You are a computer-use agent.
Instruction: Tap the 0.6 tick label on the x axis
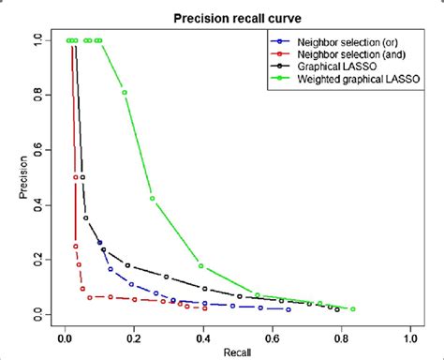pyautogui.click(x=272, y=336)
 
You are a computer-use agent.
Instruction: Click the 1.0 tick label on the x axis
pyautogui.click(x=410, y=336)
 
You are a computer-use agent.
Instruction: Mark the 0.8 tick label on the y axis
pyautogui.click(x=37, y=96)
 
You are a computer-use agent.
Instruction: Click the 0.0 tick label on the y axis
pyautogui.click(x=37, y=312)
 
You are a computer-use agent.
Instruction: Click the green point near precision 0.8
pyautogui.click(x=125, y=92)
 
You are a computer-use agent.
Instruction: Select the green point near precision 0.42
pyautogui.click(x=153, y=198)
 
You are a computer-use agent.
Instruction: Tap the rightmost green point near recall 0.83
pyautogui.click(x=352, y=308)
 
